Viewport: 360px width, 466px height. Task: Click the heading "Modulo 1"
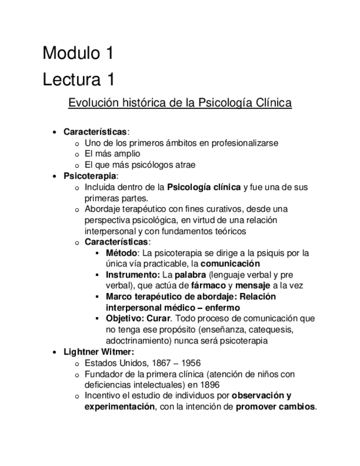point(79,53)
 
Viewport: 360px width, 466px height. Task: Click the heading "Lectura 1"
point(79,79)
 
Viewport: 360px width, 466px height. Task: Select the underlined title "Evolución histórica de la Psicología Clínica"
point(180,103)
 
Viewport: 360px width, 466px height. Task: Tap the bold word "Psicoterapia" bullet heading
point(90,176)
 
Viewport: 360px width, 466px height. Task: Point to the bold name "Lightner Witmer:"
point(98,352)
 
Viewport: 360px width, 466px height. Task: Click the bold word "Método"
point(121,253)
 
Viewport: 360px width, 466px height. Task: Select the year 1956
point(189,363)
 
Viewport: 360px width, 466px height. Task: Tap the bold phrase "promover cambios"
point(276,407)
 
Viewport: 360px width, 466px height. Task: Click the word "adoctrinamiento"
point(138,341)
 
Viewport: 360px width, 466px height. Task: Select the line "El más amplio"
point(112,154)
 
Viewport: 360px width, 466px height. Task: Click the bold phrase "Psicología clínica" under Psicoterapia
point(204,187)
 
